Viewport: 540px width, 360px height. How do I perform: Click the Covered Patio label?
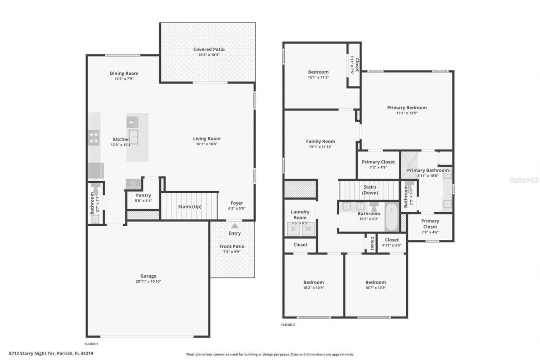[x=209, y=49]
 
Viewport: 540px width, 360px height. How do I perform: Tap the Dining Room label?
[x=124, y=73]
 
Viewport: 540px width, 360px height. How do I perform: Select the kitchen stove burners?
[x=94, y=138]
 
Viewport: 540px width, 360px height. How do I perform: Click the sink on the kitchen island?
[x=134, y=136]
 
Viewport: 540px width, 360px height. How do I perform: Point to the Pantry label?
[x=143, y=195]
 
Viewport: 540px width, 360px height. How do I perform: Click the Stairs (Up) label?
[x=189, y=207]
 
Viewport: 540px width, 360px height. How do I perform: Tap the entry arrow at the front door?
[x=235, y=226]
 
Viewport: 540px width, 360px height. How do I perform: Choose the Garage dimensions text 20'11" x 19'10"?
[x=148, y=282]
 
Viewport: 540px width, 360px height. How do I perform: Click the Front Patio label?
[x=232, y=246]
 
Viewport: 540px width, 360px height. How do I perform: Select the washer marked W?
[x=308, y=229]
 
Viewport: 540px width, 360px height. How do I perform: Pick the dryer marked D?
[x=294, y=229]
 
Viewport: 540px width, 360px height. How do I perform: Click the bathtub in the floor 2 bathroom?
[x=391, y=216]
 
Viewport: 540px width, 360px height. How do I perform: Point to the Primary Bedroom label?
[x=407, y=108]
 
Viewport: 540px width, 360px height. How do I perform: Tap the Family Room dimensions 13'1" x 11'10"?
[x=321, y=147]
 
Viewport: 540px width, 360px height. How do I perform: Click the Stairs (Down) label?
[x=370, y=190]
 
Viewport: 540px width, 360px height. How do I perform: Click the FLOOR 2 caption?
[x=288, y=325]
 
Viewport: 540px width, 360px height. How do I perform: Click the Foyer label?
[x=237, y=203]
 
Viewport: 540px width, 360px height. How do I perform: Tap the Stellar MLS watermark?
[x=524, y=180]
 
